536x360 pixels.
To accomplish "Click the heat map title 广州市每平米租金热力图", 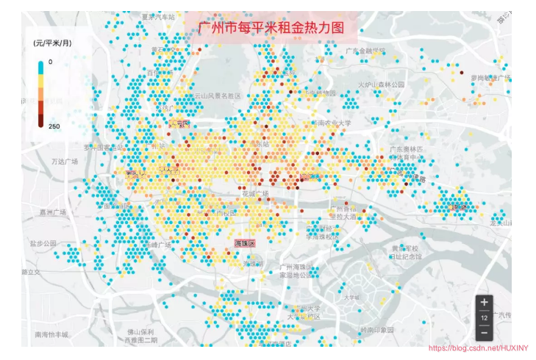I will click(271, 28).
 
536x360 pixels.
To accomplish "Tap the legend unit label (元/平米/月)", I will click(52, 43).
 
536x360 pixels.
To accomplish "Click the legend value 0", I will click(51, 62).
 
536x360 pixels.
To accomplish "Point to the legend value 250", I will click(54, 126).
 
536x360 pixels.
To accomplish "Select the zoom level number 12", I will click(484, 318).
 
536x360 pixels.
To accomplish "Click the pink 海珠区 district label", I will click(243, 242).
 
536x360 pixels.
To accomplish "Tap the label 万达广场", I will click(65, 161).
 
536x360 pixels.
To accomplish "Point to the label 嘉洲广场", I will click(53, 212).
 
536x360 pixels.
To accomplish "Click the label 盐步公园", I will click(43, 242).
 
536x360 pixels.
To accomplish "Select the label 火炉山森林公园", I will click(382, 84).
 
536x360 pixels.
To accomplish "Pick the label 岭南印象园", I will click(378, 330).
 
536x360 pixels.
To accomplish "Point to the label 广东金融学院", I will click(365, 51).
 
